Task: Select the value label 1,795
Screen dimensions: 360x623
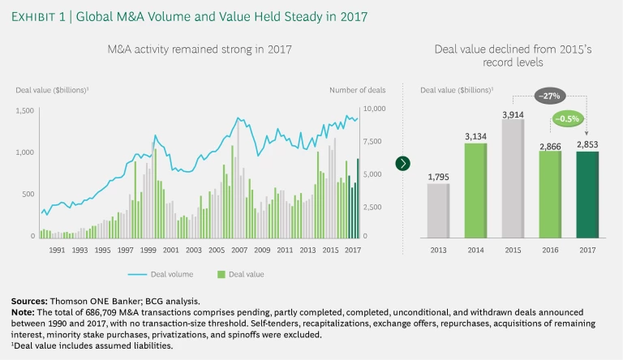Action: (438, 177)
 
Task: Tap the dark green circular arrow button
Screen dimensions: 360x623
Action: (403, 164)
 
